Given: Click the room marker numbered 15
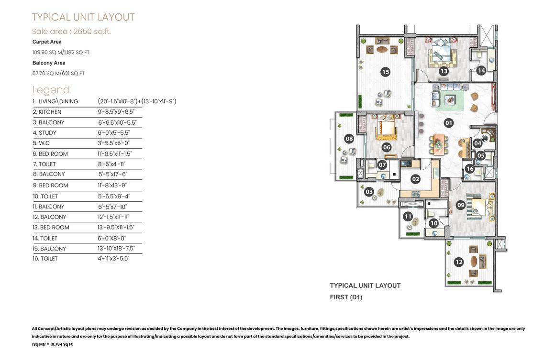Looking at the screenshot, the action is point(386,72).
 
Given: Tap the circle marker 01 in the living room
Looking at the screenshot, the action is point(449,123).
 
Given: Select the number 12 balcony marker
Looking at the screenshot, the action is point(459,262).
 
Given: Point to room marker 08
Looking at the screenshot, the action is point(349,139).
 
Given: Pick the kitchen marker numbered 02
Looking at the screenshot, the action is point(416,179).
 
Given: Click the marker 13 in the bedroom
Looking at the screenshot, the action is point(444,71).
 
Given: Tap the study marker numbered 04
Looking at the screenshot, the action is point(477,143).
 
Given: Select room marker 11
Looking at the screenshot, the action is point(408,216).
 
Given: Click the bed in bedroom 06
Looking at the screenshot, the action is point(387,128).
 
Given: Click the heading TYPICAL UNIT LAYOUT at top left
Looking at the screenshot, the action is point(83,17).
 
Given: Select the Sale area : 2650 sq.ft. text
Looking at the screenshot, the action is point(71,32).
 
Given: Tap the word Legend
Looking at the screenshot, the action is point(51,90).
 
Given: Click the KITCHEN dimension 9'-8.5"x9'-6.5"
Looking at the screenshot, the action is point(116,112).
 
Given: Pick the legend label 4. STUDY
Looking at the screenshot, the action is point(44,132).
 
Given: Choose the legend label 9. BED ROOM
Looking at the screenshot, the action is point(50,185).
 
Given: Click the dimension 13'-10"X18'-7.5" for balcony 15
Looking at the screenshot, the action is point(116,248).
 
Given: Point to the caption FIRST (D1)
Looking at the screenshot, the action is point(346,297).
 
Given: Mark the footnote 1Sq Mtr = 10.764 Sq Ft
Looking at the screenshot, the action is point(52,344).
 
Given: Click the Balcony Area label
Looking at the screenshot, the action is point(49,63).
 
